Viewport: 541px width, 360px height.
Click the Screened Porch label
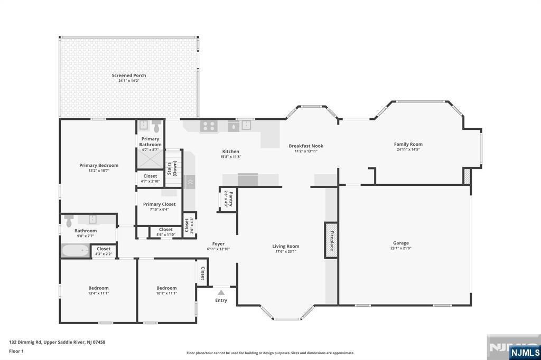pos(129,75)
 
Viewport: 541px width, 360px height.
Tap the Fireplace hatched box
pos(331,240)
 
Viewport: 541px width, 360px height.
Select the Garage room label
pos(401,243)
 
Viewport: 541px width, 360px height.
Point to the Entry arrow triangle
pos(221,292)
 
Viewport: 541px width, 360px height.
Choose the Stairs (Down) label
pos(173,168)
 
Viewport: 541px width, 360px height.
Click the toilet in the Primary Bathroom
pos(156,127)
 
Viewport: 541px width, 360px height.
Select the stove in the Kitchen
pos(209,126)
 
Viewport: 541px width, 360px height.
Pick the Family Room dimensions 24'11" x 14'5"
pos(408,149)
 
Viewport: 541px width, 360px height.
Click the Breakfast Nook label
pos(306,146)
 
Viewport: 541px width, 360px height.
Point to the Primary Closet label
pos(159,204)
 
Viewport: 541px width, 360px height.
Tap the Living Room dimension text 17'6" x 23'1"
pos(286,251)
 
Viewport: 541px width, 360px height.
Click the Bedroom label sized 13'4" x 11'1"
pos(98,288)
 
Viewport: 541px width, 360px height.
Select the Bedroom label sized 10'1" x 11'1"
pos(166,288)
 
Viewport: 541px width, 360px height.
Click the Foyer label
pos(218,244)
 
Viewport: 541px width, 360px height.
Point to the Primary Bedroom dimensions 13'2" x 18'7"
pos(99,170)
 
